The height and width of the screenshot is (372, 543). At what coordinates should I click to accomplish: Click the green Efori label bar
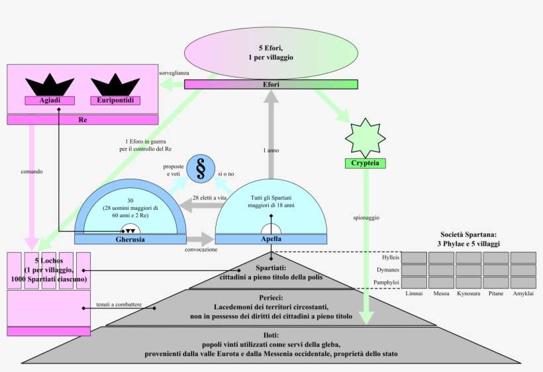click(271, 84)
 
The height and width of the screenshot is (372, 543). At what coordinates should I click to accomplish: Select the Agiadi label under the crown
click(50, 101)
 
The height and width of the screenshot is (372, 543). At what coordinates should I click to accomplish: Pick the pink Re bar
click(83, 120)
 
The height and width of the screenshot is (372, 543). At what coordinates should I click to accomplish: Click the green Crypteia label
click(366, 163)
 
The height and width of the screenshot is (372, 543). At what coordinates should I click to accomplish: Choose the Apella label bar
click(271, 239)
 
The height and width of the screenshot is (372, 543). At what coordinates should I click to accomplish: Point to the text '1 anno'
click(271, 151)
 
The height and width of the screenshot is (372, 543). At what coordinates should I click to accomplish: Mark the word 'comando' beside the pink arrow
click(32, 171)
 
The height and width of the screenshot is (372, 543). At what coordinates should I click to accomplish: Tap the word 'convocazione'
click(201, 250)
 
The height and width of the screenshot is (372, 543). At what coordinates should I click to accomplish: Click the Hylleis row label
click(391, 257)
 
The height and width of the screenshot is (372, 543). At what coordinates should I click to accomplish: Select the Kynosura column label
click(468, 293)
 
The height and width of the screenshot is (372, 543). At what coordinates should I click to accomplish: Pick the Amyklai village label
click(523, 293)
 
